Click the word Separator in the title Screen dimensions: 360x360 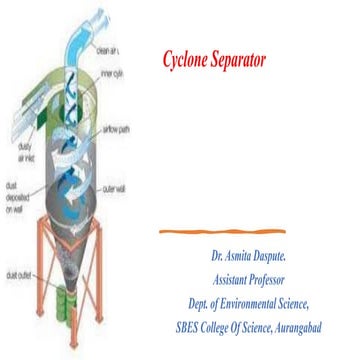(x=244, y=60)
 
